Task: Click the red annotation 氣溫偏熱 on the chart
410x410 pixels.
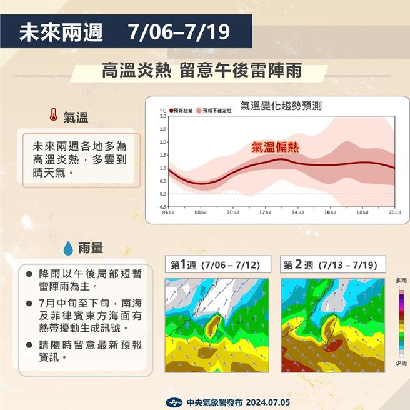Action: tap(275, 147)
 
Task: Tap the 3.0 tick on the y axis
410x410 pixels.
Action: tap(162, 116)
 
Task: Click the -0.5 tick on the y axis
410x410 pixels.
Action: tap(162, 207)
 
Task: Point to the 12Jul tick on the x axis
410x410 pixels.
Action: tap(265, 212)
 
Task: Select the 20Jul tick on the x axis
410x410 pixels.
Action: tap(394, 212)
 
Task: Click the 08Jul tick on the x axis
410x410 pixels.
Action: tap(200, 212)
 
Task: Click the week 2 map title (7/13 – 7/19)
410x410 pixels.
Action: tap(331, 265)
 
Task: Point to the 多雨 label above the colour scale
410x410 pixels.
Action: tap(401, 282)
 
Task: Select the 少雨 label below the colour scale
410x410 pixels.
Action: tap(401, 363)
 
